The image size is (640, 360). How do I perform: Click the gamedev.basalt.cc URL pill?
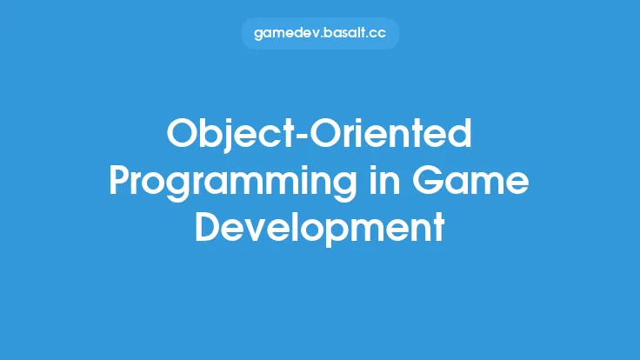pyautogui.click(x=320, y=34)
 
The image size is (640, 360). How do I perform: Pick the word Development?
pyautogui.click(x=320, y=228)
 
